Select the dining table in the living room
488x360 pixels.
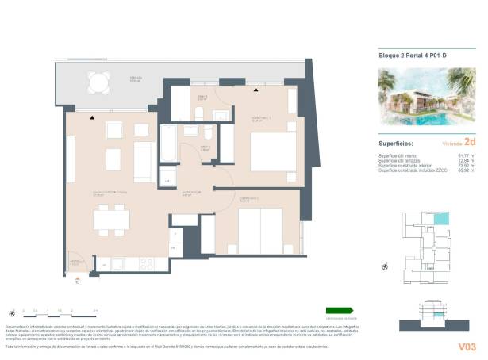click(x=111, y=216)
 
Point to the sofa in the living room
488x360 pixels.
click(x=144, y=161)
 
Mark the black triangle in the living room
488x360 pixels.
click(x=93, y=117)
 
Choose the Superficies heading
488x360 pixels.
click(x=398, y=144)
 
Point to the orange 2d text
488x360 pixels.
click(x=469, y=143)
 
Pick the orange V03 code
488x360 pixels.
click(x=467, y=346)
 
